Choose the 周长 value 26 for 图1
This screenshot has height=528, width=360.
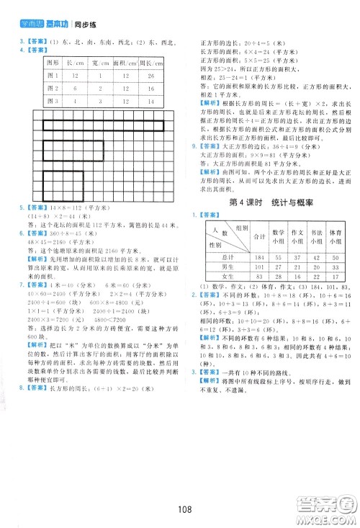pos(148,75)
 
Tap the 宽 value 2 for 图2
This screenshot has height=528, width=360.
pos(99,87)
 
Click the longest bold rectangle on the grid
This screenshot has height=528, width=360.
pos(103,127)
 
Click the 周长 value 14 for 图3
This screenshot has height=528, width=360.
pos(148,100)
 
